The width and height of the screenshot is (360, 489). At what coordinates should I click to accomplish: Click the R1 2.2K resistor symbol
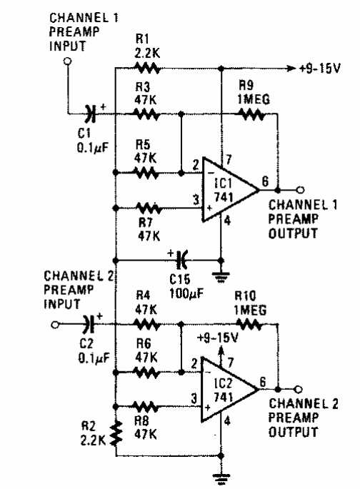pyautogui.click(x=146, y=68)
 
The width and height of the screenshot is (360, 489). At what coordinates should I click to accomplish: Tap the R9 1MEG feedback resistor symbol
pyautogui.click(x=251, y=114)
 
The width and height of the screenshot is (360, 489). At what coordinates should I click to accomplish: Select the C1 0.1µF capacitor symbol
pyautogui.click(x=91, y=114)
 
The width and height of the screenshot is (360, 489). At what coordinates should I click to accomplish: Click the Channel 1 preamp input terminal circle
pyautogui.click(x=67, y=61)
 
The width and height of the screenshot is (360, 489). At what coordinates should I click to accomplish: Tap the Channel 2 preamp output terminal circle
pyautogui.click(x=299, y=389)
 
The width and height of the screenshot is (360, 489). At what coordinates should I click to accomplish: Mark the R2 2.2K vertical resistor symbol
pyautogui.click(x=116, y=433)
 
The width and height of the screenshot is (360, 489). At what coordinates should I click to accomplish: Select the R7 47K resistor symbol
pyautogui.click(x=148, y=208)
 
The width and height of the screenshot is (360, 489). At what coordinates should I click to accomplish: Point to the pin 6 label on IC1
pyautogui.click(x=265, y=181)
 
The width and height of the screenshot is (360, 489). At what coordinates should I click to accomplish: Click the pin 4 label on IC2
pyautogui.click(x=227, y=421)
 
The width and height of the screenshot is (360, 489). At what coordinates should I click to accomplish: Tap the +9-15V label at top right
pyautogui.click(x=320, y=68)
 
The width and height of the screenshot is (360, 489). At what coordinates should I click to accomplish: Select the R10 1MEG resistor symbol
pyautogui.click(x=249, y=324)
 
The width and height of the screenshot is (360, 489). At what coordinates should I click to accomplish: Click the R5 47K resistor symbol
pyautogui.click(x=146, y=173)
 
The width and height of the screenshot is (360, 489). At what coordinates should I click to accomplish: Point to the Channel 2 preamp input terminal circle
pyautogui.click(x=55, y=325)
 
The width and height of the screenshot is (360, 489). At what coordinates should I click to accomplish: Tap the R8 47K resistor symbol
pyautogui.click(x=146, y=407)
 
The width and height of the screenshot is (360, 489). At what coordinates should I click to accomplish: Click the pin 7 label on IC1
pyautogui.click(x=229, y=159)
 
